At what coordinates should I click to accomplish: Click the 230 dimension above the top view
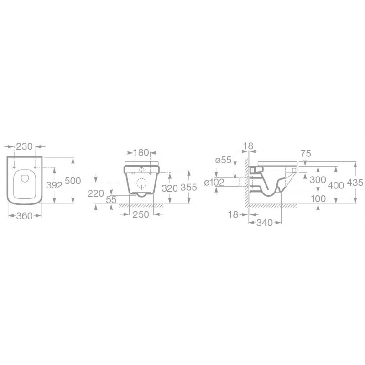pyautogui.click(x=25, y=146)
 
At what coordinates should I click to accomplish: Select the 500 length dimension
pyautogui.click(x=73, y=181)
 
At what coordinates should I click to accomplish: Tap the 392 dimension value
pyautogui.click(x=54, y=185)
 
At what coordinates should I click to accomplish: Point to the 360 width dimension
pyautogui.click(x=25, y=216)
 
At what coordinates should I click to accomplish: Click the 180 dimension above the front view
pyautogui.click(x=141, y=153)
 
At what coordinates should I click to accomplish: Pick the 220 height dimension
pyautogui.click(x=96, y=193)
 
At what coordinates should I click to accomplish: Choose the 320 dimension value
pyautogui.click(x=170, y=188)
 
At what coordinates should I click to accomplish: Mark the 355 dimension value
pyautogui.click(x=189, y=188)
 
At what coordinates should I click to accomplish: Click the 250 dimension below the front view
pyautogui.click(x=141, y=214)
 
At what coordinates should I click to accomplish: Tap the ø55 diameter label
pyautogui.click(x=224, y=160)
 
